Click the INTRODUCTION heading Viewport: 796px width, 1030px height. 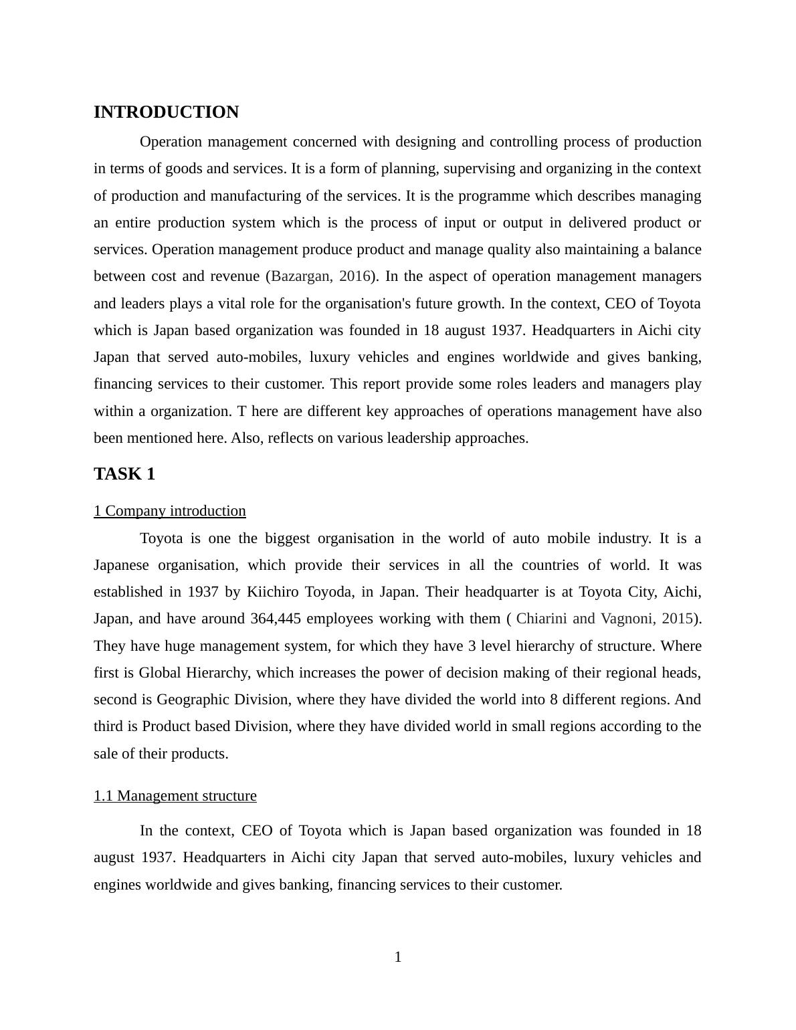point(166,112)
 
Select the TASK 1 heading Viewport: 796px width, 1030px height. point(124,474)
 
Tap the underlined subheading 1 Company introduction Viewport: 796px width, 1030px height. point(170,511)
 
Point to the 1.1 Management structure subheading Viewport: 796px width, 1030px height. point(175,796)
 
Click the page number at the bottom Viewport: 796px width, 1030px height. point(398,957)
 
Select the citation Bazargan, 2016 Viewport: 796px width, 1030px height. point(321,276)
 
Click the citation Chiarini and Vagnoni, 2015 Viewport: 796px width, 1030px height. point(605,619)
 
